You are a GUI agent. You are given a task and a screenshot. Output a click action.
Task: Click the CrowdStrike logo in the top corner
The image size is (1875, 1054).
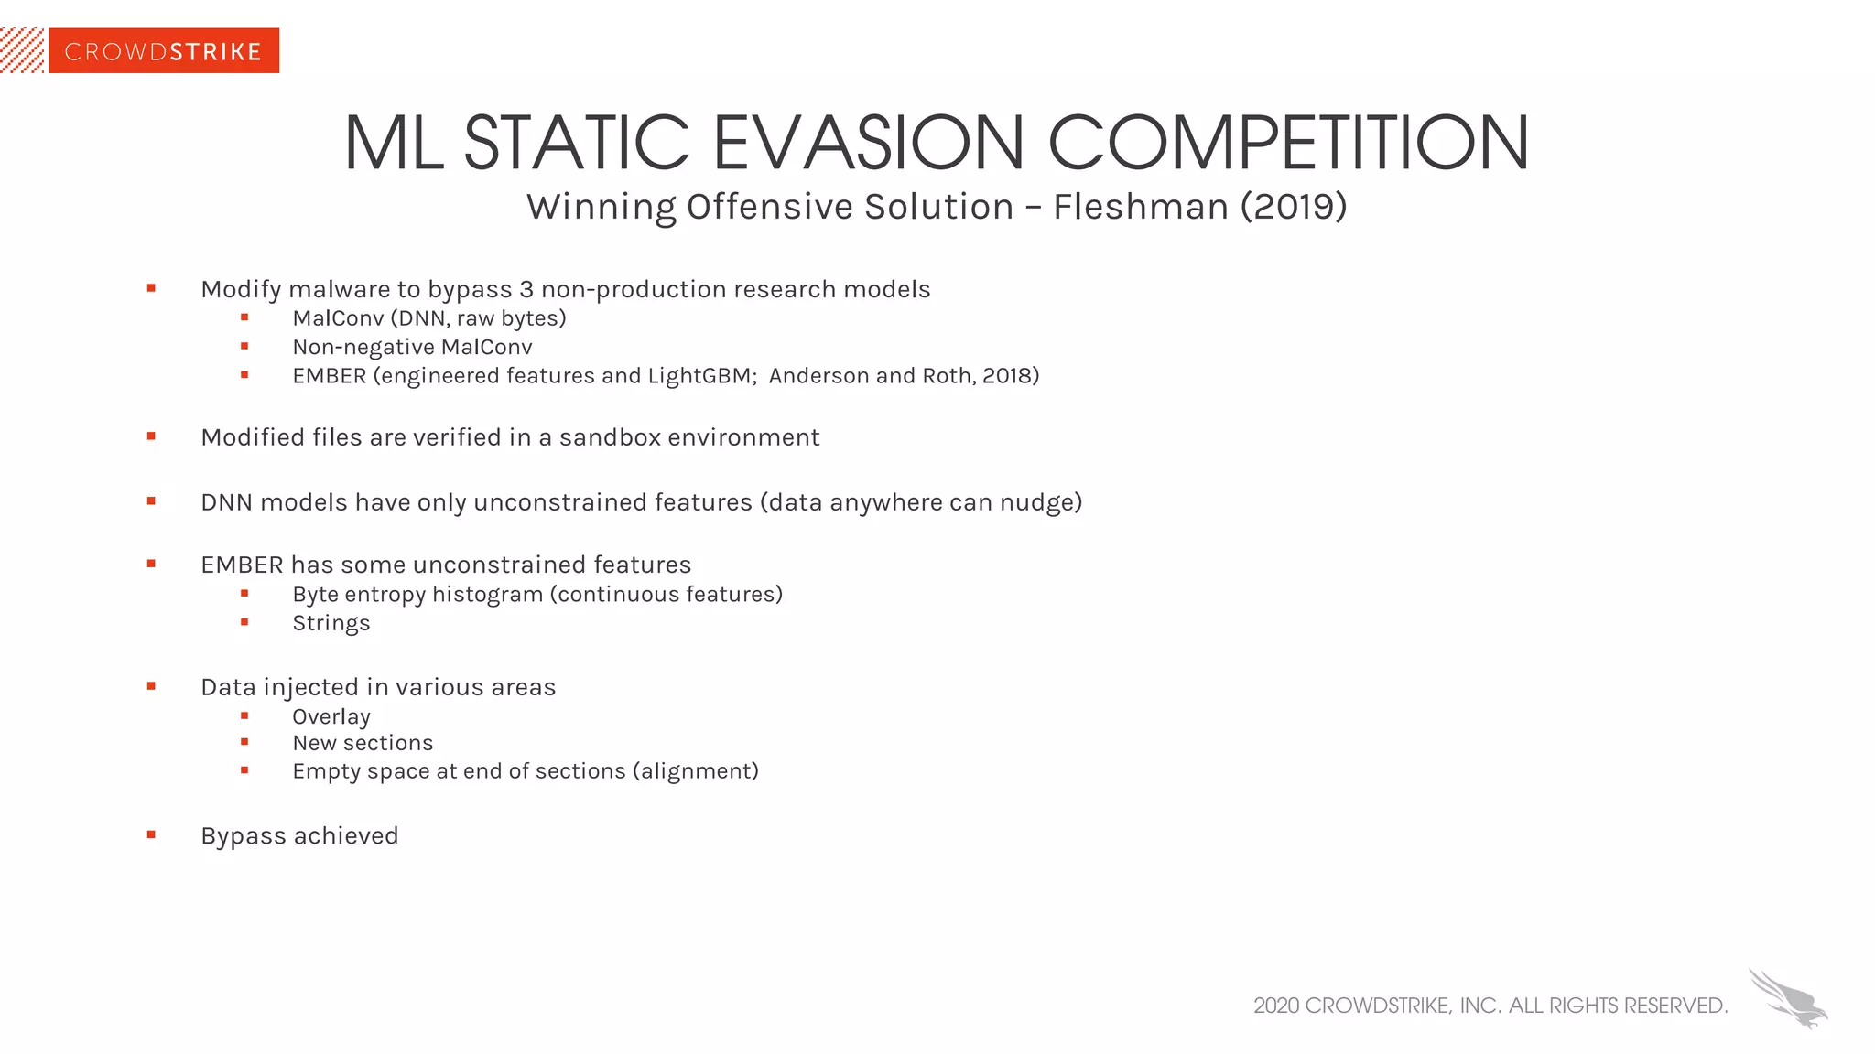coord(163,51)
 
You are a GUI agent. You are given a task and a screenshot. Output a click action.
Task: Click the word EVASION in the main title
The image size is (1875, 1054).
coord(868,144)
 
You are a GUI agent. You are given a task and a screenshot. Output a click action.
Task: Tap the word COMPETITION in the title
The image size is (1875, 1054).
coord(1287,144)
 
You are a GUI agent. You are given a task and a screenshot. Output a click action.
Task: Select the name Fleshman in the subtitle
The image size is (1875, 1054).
coord(1140,207)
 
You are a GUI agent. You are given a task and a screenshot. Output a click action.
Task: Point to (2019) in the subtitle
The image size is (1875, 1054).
coord(1294,207)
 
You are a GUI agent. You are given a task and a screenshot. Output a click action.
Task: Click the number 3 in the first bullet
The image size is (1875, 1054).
coord(526,289)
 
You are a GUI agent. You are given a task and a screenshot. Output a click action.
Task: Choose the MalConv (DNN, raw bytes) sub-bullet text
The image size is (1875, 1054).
coord(429,318)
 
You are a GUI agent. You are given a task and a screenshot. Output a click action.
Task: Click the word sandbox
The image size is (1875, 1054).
coord(610,437)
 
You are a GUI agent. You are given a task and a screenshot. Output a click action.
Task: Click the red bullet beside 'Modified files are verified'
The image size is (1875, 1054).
coord(151,436)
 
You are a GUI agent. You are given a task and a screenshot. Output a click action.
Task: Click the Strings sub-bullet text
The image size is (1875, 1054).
coord(331,624)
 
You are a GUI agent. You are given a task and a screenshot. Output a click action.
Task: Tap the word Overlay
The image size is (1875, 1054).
coord(331,717)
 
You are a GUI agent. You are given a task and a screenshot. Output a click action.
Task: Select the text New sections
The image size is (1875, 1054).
coord(363,743)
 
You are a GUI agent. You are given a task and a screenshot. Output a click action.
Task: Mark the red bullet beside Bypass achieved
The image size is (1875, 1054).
coord(151,834)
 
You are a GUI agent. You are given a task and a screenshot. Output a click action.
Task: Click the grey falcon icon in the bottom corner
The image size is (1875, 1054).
coord(1787,998)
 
